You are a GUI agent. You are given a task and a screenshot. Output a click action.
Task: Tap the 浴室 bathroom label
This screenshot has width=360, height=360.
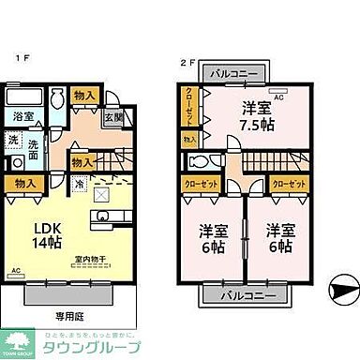point(23,117)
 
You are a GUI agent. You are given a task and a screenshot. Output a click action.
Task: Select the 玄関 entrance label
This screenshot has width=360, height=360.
point(112,117)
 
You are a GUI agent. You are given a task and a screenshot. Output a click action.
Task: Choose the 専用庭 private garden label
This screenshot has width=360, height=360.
point(67,316)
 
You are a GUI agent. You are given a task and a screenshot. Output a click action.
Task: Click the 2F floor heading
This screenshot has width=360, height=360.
point(186,63)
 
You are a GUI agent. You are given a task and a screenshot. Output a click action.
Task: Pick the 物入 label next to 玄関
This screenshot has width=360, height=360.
point(82,96)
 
